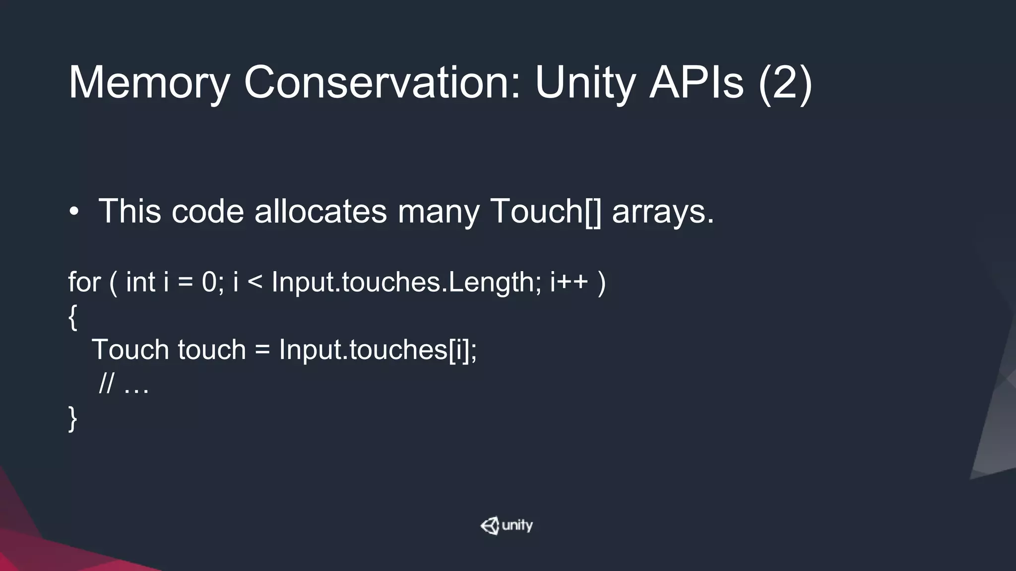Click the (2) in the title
pyautogui.click(x=785, y=83)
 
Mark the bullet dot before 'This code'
pyautogui.click(x=74, y=212)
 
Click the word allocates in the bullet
pyautogui.click(x=320, y=211)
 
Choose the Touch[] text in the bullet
pyautogui.click(x=545, y=212)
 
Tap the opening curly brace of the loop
pyautogui.click(x=73, y=317)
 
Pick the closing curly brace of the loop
pyautogui.click(x=73, y=418)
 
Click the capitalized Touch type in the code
pyautogui.click(x=130, y=349)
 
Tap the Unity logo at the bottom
pyautogui.click(x=507, y=525)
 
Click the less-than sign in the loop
pyautogui.click(x=254, y=283)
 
